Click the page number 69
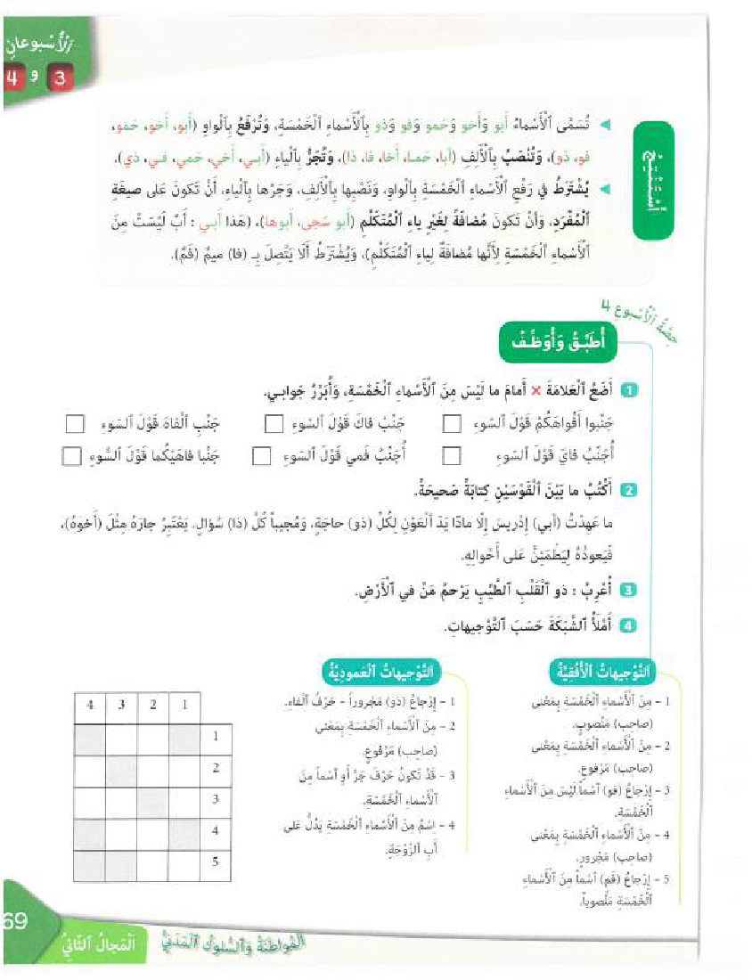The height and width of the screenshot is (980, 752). pos(15,919)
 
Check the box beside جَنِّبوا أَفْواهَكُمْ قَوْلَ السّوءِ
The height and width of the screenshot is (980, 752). pos(452,422)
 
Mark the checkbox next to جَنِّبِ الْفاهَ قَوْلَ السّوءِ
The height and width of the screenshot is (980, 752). pos(77,422)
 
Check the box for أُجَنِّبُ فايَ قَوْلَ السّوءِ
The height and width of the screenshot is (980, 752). pos(452,457)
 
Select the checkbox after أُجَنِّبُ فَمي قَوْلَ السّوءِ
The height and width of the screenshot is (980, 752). pos(261,457)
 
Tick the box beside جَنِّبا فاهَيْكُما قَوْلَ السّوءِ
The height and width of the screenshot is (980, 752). pos(71,457)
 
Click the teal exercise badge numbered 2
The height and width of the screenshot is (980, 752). pos(628,491)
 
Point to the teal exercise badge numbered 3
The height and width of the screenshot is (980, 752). pos(628,590)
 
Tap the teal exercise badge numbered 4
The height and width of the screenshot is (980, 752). pos(628,625)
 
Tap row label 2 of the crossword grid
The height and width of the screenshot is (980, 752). pos(216,768)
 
